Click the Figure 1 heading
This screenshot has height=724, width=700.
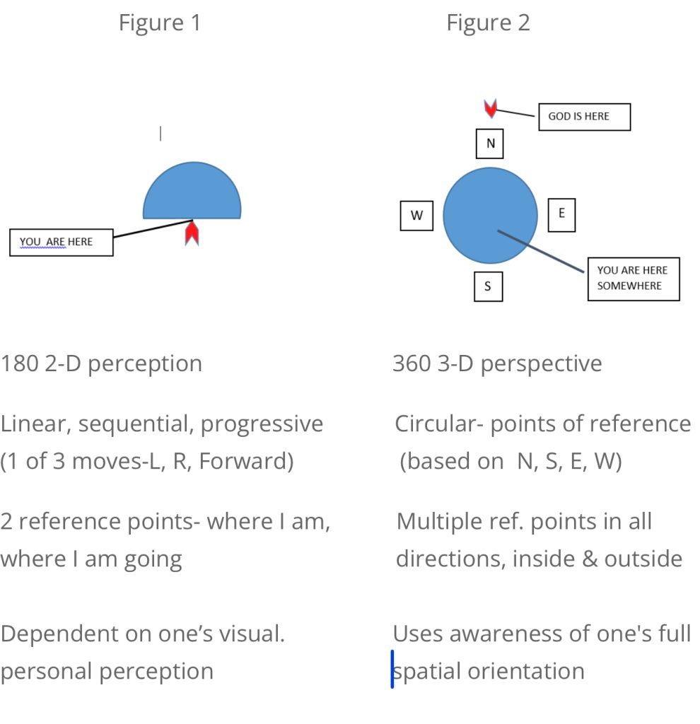tap(159, 23)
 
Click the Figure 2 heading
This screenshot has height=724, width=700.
tap(488, 23)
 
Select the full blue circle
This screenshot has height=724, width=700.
tap(490, 214)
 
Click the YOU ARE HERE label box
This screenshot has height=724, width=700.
tap(61, 242)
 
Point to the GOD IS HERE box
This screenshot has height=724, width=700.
tap(584, 117)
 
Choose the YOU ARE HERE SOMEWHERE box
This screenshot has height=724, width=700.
tap(633, 279)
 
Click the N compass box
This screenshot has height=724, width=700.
tap(489, 144)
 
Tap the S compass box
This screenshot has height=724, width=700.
tap(488, 286)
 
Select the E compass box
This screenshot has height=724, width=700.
tap(562, 214)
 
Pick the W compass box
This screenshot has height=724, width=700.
tap(416, 215)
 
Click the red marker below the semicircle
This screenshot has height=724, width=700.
tap(192, 233)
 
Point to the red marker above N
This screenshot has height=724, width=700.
tap(490, 107)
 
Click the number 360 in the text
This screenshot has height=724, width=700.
tap(411, 363)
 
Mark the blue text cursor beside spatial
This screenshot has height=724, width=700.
tap(392, 669)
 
